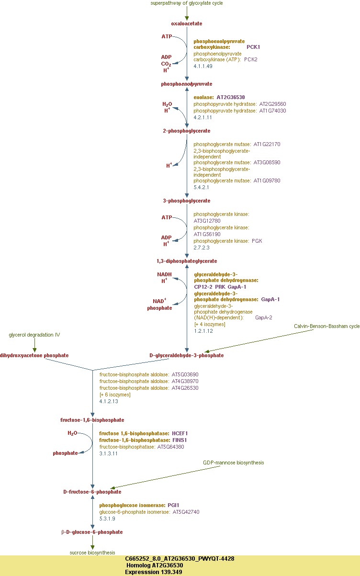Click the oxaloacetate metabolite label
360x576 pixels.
click(x=187, y=23)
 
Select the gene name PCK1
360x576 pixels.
click(x=253, y=47)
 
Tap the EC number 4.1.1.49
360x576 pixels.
click(x=202, y=66)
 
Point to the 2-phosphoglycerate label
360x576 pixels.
click(x=187, y=131)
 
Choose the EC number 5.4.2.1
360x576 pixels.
click(x=201, y=187)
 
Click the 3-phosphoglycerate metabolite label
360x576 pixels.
click(x=187, y=201)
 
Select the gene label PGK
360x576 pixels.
click(x=257, y=241)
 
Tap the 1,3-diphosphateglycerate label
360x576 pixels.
click(x=187, y=261)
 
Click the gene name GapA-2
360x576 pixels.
click(x=264, y=317)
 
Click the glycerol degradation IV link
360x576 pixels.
click(x=34, y=335)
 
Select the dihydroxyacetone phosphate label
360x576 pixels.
click(x=34, y=355)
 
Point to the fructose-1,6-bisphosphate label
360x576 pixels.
click(x=92, y=420)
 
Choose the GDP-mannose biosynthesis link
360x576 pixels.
click(x=233, y=463)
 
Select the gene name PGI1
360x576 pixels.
click(x=173, y=505)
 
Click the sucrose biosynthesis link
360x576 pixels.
click(x=92, y=552)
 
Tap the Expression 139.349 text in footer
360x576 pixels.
click(x=153, y=572)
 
